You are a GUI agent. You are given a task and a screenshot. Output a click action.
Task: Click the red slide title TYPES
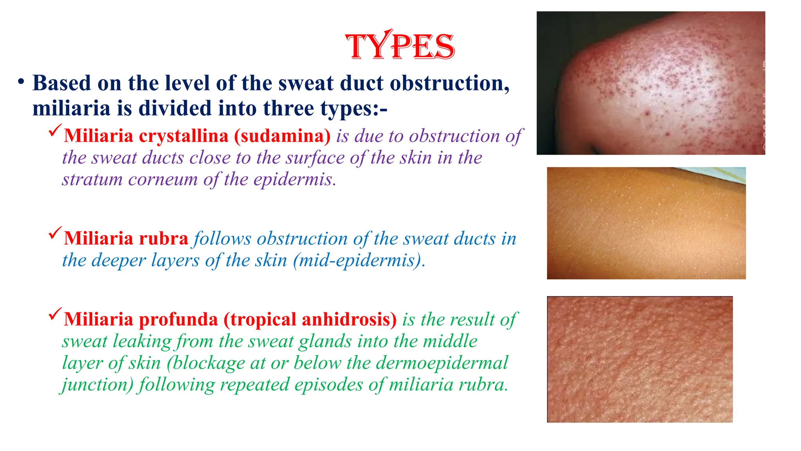pos(400,47)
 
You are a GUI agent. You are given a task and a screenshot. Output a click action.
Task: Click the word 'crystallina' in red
pos(183,136)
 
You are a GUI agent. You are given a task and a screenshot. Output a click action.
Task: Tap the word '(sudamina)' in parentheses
pos(282,136)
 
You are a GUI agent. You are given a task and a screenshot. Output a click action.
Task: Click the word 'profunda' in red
pos(178,319)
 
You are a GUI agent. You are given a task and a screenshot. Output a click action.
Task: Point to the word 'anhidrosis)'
pos(349,319)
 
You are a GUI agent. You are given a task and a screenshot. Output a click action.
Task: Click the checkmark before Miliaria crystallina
pos(55,130)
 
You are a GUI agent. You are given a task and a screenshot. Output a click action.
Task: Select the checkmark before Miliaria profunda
pos(55,314)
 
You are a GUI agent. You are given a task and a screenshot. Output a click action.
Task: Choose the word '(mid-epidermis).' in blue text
pos(359,260)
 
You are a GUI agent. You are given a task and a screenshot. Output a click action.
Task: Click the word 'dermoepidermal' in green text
pos(442,363)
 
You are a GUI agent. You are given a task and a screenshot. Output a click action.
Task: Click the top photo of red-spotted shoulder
pos(650,83)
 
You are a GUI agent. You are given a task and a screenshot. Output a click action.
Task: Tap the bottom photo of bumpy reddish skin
pos(639,359)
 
